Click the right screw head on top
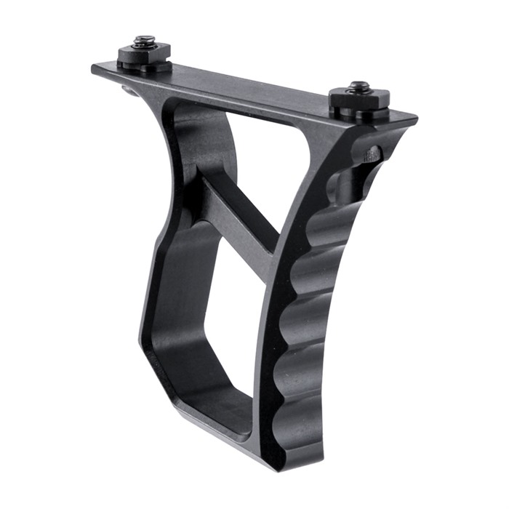click(x=358, y=87)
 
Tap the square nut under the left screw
click(x=145, y=54)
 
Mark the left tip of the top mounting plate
click(x=95, y=68)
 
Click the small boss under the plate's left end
click(x=129, y=90)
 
